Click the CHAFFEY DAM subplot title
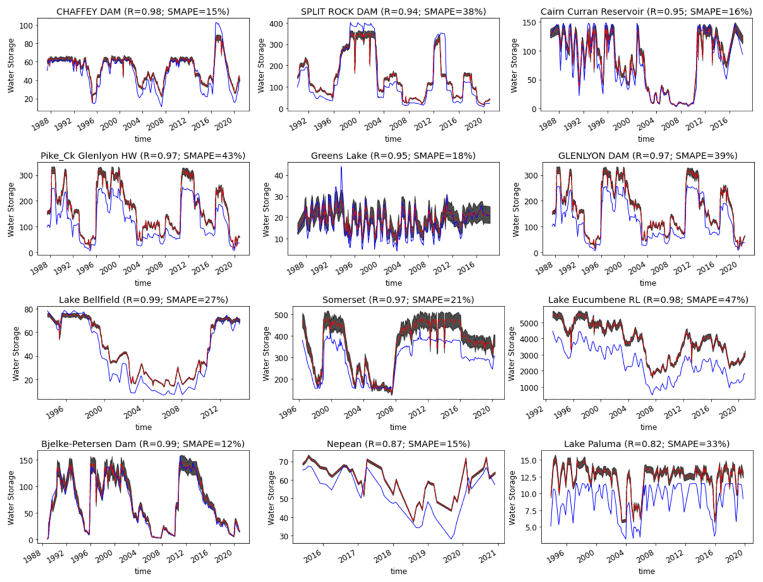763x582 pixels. [142, 12]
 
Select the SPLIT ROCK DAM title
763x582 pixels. [393, 12]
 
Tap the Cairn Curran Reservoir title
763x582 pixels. [646, 12]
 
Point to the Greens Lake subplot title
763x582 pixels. [393, 156]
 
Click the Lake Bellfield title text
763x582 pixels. [143, 300]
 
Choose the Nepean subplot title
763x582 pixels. [398, 444]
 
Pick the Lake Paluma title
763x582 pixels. [646, 444]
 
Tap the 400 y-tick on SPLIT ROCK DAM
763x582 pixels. [276, 24]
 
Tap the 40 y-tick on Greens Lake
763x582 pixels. [278, 175]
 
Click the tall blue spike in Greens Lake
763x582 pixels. [341, 167]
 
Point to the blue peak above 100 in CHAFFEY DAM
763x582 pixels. [217, 23]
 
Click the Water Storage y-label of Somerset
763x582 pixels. [266, 353]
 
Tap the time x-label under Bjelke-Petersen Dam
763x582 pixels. [143, 571]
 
